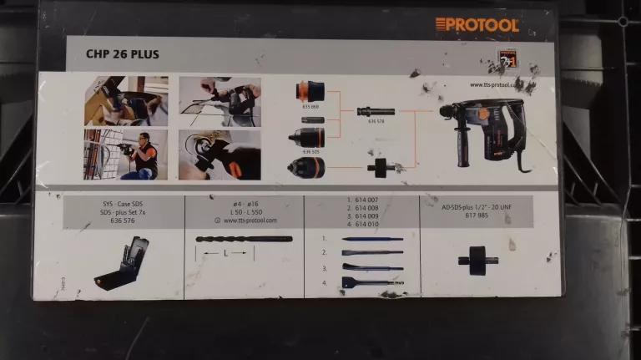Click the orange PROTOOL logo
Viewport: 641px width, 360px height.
(x=477, y=25)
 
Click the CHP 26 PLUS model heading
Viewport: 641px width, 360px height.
(x=123, y=55)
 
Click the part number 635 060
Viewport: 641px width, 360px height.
(x=311, y=108)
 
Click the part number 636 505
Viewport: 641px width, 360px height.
(x=312, y=152)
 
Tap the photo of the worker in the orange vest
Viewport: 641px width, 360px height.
(x=125, y=155)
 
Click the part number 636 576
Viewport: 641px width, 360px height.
(x=123, y=221)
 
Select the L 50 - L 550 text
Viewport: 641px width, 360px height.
(x=244, y=212)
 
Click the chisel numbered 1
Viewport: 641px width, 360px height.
(x=372, y=240)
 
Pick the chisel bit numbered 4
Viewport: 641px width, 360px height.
(x=372, y=282)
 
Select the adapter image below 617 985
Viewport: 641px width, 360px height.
(x=478, y=260)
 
